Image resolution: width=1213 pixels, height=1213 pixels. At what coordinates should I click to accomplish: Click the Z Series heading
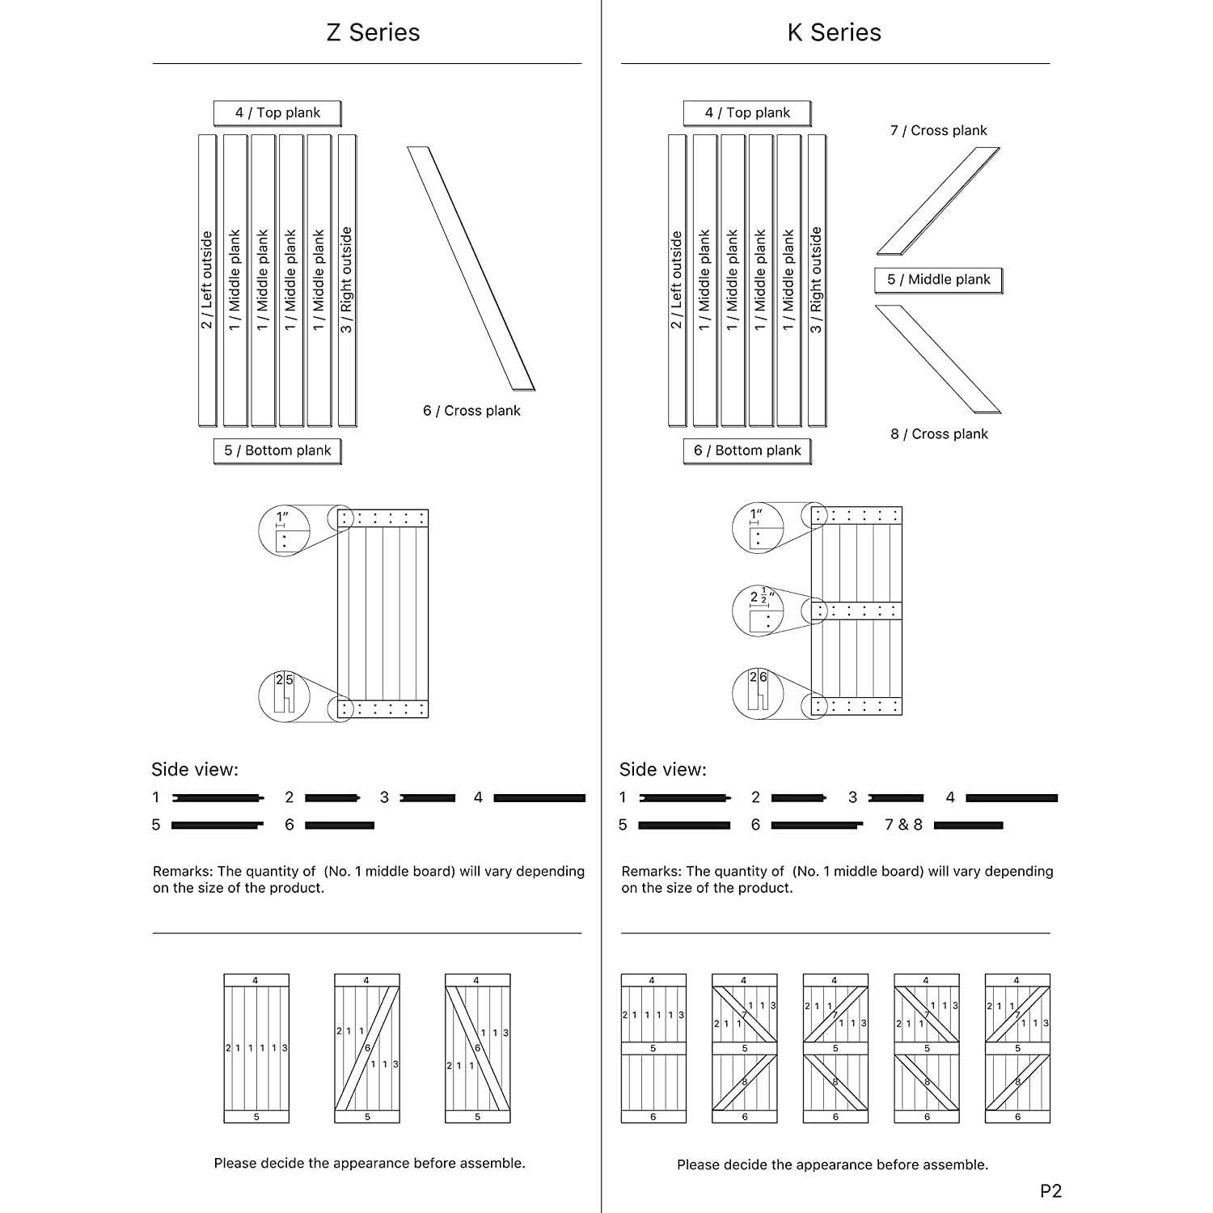click(x=373, y=32)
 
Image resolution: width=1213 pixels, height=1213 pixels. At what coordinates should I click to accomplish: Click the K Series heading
click(x=834, y=32)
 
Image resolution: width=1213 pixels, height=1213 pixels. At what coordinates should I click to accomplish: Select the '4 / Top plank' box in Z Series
click(x=277, y=113)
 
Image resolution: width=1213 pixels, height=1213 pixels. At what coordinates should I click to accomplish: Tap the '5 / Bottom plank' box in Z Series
click(x=277, y=450)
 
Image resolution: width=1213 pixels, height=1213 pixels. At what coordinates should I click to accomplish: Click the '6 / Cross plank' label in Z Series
click(x=471, y=411)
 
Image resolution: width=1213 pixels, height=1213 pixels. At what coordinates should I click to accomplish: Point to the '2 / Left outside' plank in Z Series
click(x=207, y=280)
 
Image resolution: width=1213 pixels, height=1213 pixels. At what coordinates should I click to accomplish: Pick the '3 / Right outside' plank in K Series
click(x=817, y=280)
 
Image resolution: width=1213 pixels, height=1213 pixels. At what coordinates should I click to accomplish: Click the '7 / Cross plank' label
click(x=938, y=131)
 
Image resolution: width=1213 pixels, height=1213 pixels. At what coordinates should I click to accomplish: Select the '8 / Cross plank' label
click(x=939, y=434)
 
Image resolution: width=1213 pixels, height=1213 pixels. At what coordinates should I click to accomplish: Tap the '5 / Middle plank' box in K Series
click(x=938, y=280)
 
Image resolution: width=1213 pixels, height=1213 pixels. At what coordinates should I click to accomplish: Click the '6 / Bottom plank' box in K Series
click(x=747, y=450)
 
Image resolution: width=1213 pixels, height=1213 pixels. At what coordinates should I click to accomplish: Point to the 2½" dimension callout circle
click(x=758, y=611)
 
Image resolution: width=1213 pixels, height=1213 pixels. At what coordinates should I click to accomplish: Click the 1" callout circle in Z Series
click(x=284, y=530)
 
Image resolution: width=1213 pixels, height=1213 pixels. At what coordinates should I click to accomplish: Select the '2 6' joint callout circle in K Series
click(x=758, y=693)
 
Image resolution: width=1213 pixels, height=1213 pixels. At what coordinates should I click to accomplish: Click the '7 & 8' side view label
click(x=903, y=825)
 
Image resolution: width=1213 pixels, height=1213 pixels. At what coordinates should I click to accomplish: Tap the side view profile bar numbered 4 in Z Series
click(x=539, y=798)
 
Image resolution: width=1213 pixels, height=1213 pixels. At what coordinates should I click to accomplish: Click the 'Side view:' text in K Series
click(x=662, y=770)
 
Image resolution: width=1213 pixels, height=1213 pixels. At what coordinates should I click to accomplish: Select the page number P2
click(x=1050, y=1190)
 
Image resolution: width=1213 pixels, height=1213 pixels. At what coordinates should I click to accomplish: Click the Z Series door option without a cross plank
click(x=256, y=1048)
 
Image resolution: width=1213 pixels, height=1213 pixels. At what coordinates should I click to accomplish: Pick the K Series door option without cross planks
click(x=653, y=1048)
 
